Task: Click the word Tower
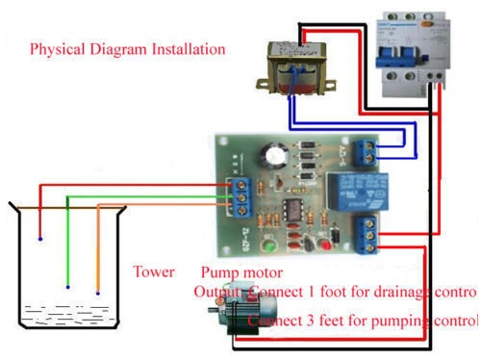[154, 271]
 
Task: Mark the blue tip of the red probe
[39, 237]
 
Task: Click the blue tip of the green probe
[67, 286]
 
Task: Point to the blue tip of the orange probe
[98, 291]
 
